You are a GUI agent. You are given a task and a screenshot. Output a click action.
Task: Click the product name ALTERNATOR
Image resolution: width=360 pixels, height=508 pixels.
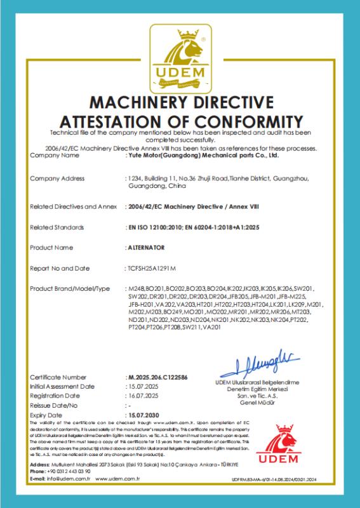(x=144, y=247)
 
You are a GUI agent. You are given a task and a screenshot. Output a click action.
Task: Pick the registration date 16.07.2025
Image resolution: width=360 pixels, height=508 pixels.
(x=141, y=395)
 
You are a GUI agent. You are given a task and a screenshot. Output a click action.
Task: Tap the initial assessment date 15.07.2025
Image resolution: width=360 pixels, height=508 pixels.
(x=141, y=386)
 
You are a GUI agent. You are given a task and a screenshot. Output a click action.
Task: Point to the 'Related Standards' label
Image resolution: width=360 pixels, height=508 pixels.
(x=58, y=226)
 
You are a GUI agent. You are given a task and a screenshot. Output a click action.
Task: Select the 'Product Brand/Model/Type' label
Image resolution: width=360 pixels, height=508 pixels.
(x=70, y=289)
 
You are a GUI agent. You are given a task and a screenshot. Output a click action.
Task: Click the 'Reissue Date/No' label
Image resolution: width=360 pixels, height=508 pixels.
(x=53, y=404)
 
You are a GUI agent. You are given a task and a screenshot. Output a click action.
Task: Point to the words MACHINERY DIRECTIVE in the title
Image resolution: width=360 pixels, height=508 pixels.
(x=180, y=102)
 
